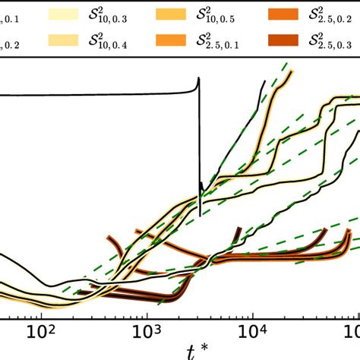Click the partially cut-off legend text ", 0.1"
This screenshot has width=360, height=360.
(14, 17)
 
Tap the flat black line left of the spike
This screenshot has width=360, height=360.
(91, 94)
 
